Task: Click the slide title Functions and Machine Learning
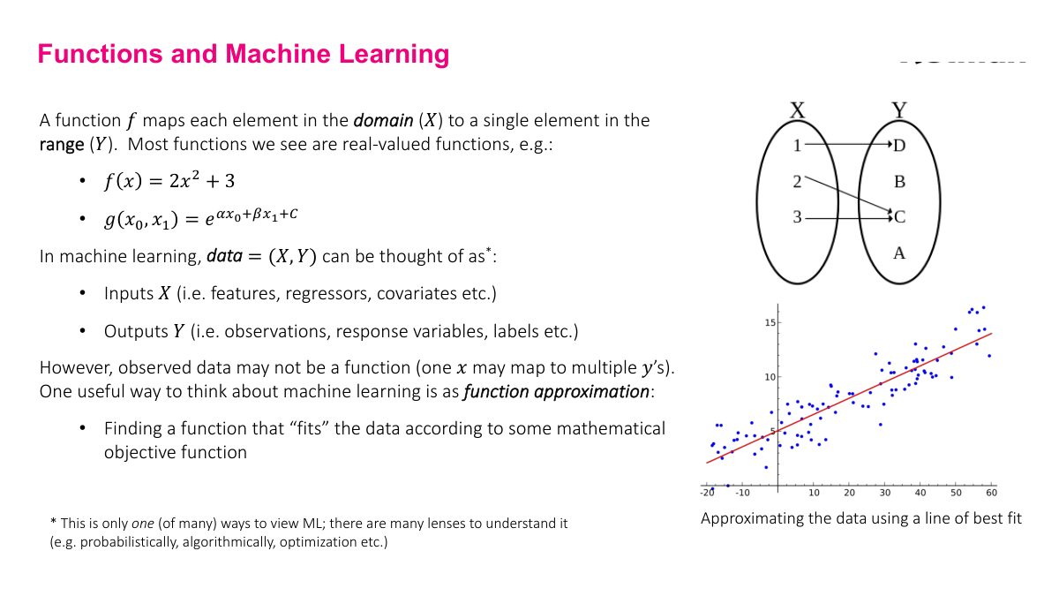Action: (244, 54)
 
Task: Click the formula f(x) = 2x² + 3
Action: (169, 181)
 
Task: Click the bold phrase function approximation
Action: (558, 391)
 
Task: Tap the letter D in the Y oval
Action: (899, 146)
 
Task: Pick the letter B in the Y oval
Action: (899, 182)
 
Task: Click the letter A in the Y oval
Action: (899, 253)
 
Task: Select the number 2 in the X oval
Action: (797, 182)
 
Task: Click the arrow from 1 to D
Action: (847, 143)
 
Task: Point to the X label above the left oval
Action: (797, 110)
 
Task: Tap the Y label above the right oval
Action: (899, 110)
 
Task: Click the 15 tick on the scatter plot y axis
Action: (770, 323)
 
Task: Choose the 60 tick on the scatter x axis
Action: (991, 493)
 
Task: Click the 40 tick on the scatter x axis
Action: (920, 493)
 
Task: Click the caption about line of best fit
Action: (860, 518)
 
